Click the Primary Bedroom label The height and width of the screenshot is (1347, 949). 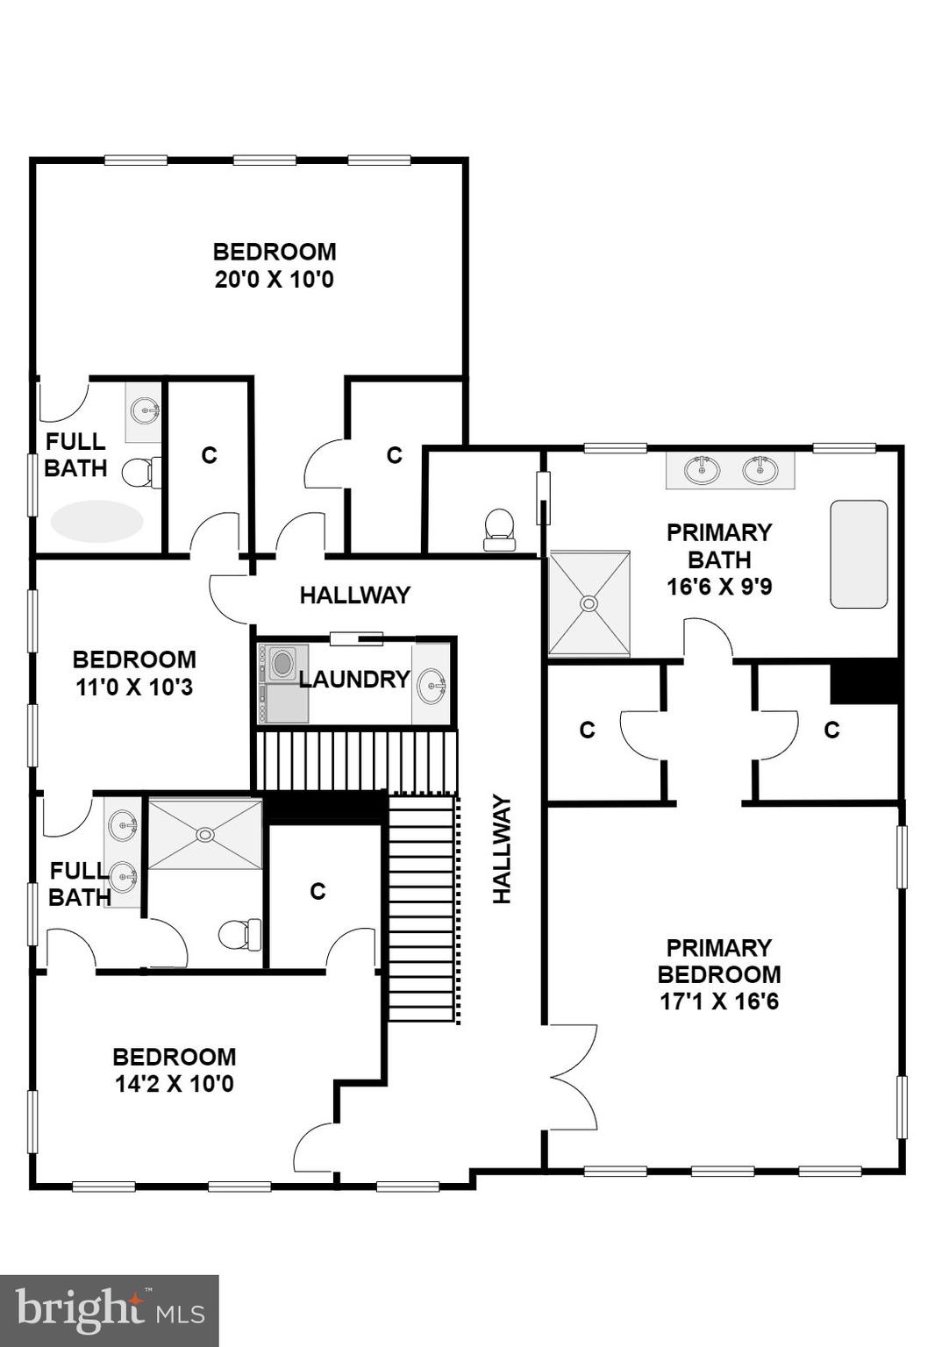coord(718,961)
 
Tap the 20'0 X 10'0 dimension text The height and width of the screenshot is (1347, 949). coord(275,281)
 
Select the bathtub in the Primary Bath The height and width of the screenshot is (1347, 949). coord(859,554)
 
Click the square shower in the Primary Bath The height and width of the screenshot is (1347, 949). coord(589,603)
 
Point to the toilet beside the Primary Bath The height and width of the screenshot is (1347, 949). coord(499,529)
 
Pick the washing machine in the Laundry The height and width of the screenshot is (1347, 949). coord(282,664)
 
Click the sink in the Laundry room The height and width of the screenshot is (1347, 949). coord(431,685)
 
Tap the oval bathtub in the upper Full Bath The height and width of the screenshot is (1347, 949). coord(96,521)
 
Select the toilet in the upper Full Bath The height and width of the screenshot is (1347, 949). coord(141,473)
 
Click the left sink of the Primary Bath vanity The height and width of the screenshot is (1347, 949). coord(702,470)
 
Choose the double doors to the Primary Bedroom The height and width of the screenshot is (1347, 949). coord(572,1077)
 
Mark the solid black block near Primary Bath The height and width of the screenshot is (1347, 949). coord(866,682)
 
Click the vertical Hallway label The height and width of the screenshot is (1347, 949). coord(502,848)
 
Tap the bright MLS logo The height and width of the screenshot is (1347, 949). coord(109,1310)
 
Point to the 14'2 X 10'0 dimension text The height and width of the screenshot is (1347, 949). coord(175,1085)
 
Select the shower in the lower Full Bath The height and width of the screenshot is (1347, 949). coord(205,834)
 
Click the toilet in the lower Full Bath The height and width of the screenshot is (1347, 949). coord(239,935)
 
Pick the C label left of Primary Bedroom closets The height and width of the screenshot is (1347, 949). coord(587,730)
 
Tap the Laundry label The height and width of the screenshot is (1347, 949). coord(353,680)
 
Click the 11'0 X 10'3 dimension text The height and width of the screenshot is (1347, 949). coord(134,688)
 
